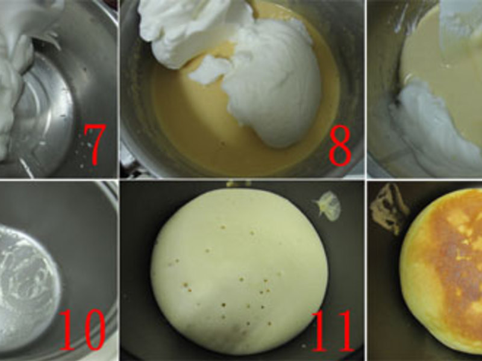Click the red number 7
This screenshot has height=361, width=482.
(x=95, y=144)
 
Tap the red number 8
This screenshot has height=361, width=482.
(x=340, y=146)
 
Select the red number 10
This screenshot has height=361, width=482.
(x=82, y=330)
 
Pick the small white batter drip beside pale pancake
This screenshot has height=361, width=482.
(x=329, y=206)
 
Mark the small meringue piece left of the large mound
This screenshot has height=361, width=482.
(x=209, y=70)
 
